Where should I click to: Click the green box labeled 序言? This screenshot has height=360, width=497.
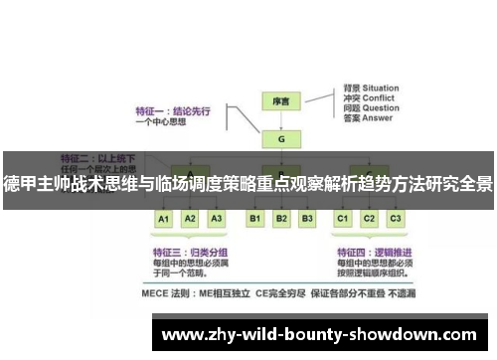click(280, 101)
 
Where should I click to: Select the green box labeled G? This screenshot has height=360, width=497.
click(280, 139)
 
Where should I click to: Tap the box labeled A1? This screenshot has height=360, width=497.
click(164, 218)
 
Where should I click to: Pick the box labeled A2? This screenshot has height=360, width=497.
click(191, 218)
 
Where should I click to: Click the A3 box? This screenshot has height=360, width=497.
click(217, 218)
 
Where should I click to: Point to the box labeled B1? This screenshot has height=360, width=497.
click(254, 218)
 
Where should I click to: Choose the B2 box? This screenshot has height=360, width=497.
click(281, 218)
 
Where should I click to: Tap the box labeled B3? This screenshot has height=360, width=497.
click(307, 218)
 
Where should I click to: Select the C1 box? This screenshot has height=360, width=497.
click(343, 218)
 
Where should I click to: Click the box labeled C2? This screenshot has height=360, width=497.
click(369, 218)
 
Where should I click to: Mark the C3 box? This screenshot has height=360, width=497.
click(395, 218)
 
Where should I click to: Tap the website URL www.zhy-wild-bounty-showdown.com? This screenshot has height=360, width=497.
click(318, 333)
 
